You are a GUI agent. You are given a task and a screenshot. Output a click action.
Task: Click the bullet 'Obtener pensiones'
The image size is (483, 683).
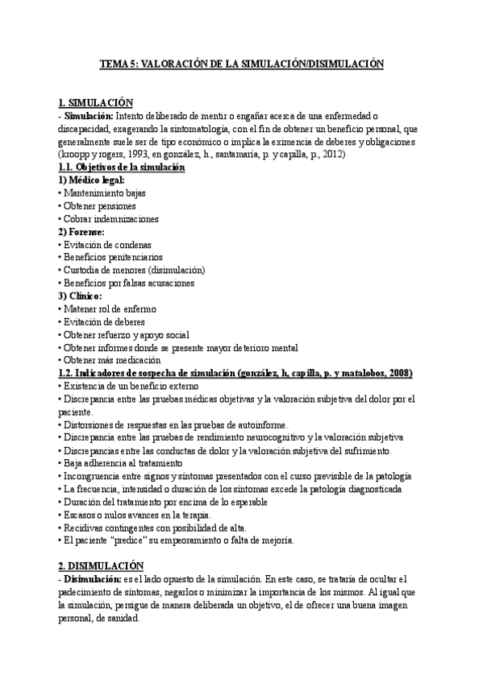[102, 205]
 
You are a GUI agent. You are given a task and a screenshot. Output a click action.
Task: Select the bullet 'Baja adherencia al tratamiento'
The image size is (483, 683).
[123, 463]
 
